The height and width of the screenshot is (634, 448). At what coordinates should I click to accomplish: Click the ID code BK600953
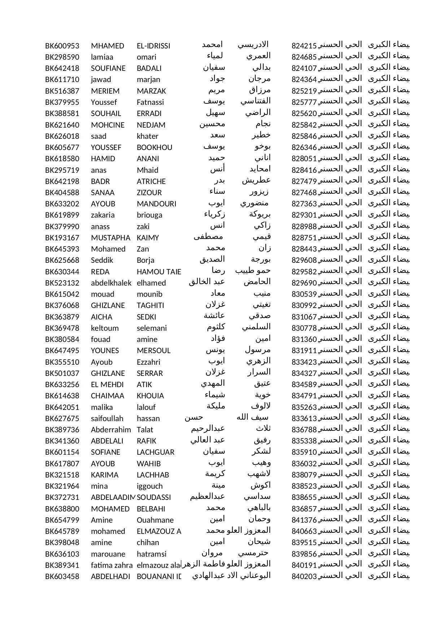pos(62,46)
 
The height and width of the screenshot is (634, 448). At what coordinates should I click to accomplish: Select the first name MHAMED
pos(107,46)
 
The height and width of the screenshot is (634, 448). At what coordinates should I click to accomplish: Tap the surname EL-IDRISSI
pos(153,46)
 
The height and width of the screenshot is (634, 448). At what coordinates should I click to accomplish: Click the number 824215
pos(304,46)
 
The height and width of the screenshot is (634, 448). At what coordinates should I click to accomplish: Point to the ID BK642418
pos(62,68)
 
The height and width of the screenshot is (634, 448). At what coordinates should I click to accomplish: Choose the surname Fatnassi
pos(150,102)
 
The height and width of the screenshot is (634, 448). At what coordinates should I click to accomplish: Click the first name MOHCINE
pos(108,125)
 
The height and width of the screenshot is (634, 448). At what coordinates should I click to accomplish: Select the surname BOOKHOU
pos(155,147)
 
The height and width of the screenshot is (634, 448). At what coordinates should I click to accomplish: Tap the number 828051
pos(304,159)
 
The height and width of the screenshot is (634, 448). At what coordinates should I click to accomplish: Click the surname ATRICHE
pos(151,181)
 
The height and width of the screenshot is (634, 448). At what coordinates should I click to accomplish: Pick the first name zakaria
pos(103,215)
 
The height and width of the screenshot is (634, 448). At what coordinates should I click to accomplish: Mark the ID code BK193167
pos(62,238)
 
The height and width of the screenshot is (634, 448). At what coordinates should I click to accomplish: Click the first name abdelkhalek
pos(111,283)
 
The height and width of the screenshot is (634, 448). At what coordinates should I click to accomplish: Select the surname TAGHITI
pos(150,305)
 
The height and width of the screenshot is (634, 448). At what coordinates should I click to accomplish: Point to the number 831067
pos(304,317)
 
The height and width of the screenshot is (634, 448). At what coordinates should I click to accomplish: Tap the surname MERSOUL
pos(153,351)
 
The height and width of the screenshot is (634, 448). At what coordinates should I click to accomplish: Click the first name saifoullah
pos(107,419)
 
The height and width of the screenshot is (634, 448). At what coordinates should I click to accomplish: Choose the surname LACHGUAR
pos(156,452)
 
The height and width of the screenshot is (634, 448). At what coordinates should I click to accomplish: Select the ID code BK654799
pos(62,520)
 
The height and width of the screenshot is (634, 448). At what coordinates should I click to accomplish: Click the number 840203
pos(304,577)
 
